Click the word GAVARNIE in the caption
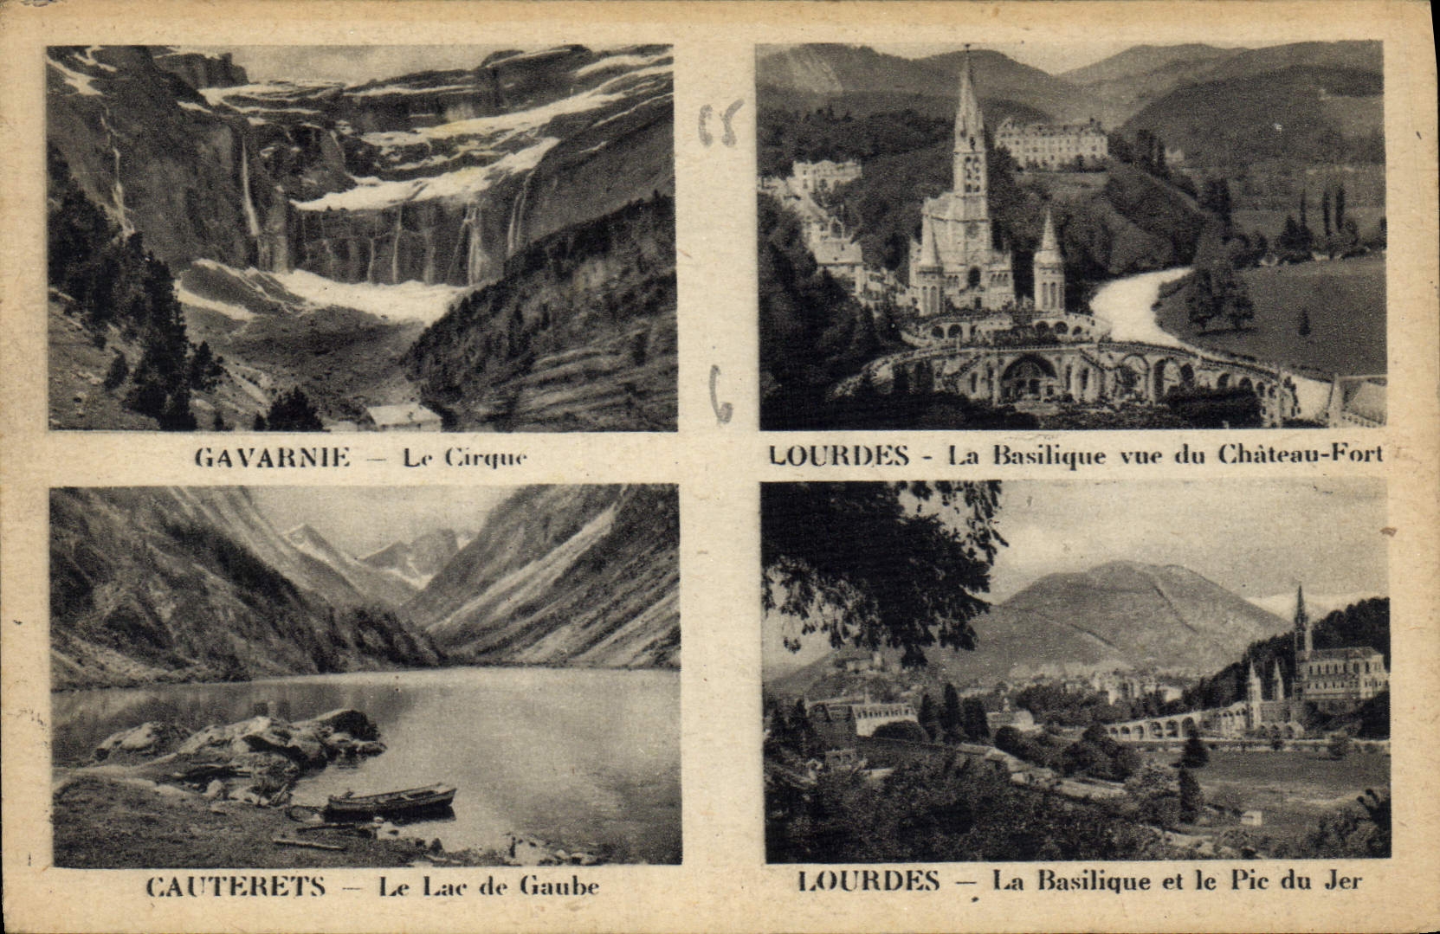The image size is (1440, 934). (273, 456)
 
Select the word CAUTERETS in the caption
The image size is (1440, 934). (236, 886)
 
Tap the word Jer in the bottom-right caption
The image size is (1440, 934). (1343, 881)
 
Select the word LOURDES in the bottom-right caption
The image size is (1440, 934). (869, 881)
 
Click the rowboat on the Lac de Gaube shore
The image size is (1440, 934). (391, 801)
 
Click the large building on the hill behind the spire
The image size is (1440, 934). (1051, 140)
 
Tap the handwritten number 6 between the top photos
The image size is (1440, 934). (720, 394)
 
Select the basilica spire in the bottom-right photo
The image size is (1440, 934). (1299, 619)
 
